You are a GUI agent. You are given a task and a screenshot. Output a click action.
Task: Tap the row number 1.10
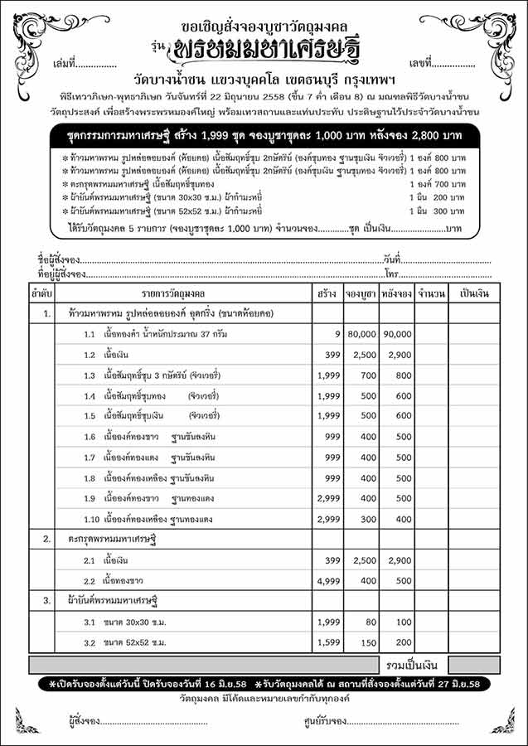click(x=92, y=519)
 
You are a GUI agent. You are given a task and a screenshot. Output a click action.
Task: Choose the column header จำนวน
click(x=433, y=293)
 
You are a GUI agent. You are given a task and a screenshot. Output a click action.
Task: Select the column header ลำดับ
click(x=46, y=293)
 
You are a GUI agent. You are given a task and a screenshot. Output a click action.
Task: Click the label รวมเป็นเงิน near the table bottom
click(x=414, y=665)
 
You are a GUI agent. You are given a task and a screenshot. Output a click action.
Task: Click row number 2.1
click(x=90, y=560)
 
